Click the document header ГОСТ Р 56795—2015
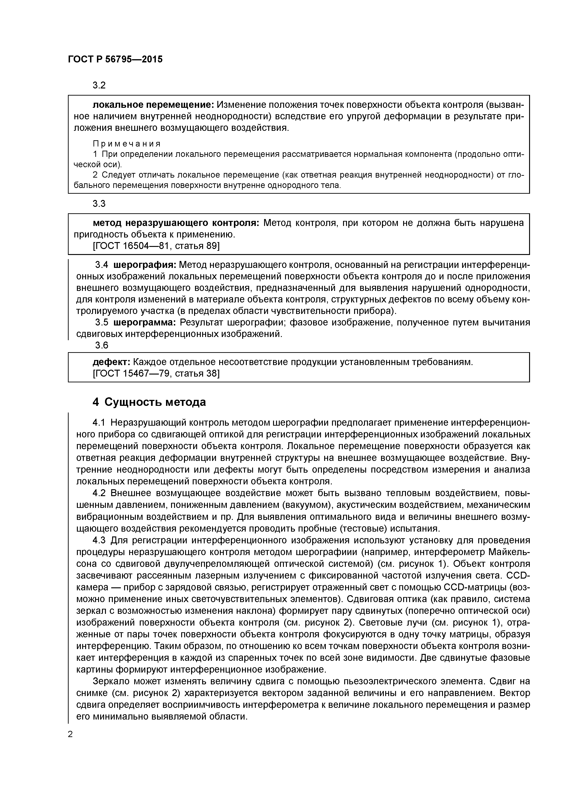pyautogui.click(x=115, y=59)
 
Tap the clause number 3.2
pyautogui.click(x=99, y=85)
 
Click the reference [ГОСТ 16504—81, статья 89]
pyautogui.click(x=156, y=246)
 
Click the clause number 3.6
pyautogui.click(x=102, y=345)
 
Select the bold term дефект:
pyautogui.click(x=111, y=362)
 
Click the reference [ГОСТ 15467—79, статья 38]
pyautogui.click(x=156, y=373)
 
